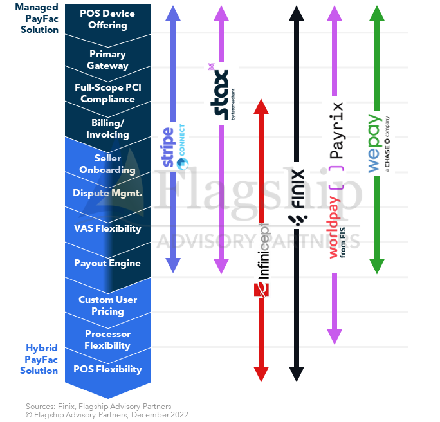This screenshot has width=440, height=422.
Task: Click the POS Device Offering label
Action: point(107,19)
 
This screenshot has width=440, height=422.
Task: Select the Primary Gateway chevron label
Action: point(107,60)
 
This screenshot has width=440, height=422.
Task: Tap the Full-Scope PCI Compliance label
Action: point(108,93)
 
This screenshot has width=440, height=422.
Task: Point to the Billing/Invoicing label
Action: point(107,129)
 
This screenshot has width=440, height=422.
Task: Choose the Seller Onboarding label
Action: point(107,164)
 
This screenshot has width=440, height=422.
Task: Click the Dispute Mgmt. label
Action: point(107,193)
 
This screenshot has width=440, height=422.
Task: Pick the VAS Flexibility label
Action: point(107,228)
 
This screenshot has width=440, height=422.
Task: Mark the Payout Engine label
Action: point(107,263)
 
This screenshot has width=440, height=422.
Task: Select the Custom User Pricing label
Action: point(108,306)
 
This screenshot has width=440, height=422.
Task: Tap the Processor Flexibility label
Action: point(107,340)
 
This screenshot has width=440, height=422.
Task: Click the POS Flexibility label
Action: point(107,369)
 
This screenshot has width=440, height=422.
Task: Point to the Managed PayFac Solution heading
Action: point(37,18)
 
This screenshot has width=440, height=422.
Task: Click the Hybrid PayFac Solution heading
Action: point(39,360)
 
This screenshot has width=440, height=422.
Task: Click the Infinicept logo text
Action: point(264,251)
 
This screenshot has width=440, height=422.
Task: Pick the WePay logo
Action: point(379,143)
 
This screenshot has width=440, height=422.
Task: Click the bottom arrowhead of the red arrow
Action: point(261,374)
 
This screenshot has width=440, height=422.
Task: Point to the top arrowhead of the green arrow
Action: point(377,13)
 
